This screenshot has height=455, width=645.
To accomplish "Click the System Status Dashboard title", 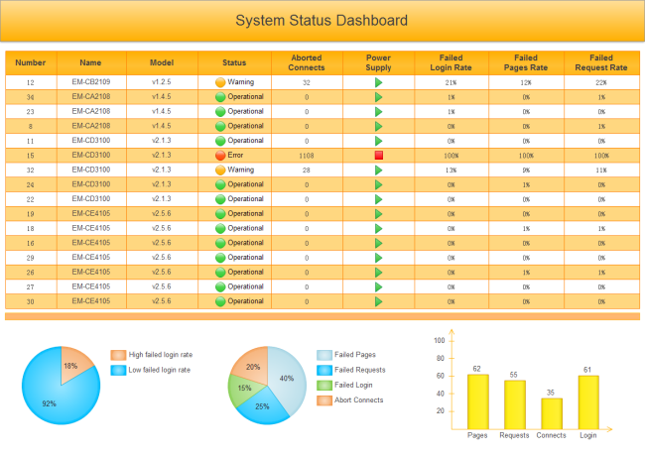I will click(x=322, y=20).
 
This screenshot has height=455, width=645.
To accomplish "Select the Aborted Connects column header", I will click(x=307, y=62).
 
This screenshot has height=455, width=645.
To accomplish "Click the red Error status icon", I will click(x=221, y=156).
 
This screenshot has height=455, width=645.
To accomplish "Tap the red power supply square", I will click(x=379, y=156).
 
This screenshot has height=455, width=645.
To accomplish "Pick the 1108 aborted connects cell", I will click(x=307, y=156).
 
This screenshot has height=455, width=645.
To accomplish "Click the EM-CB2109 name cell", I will click(x=91, y=82).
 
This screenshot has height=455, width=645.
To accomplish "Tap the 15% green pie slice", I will click(x=243, y=387).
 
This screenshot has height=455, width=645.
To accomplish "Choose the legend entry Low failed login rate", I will click(x=160, y=370).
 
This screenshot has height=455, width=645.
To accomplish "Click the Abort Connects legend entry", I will click(x=358, y=400).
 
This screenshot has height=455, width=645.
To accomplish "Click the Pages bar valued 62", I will click(x=477, y=401).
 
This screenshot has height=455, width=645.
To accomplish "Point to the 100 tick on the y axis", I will click(x=440, y=340).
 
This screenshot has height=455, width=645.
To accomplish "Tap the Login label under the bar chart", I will click(x=587, y=435).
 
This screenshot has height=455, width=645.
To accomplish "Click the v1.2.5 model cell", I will click(x=163, y=82).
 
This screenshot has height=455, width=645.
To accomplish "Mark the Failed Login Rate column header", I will click(x=451, y=62).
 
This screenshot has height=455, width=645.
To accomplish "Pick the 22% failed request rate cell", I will click(x=601, y=83).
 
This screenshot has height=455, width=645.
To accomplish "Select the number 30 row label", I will click(x=31, y=301).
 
